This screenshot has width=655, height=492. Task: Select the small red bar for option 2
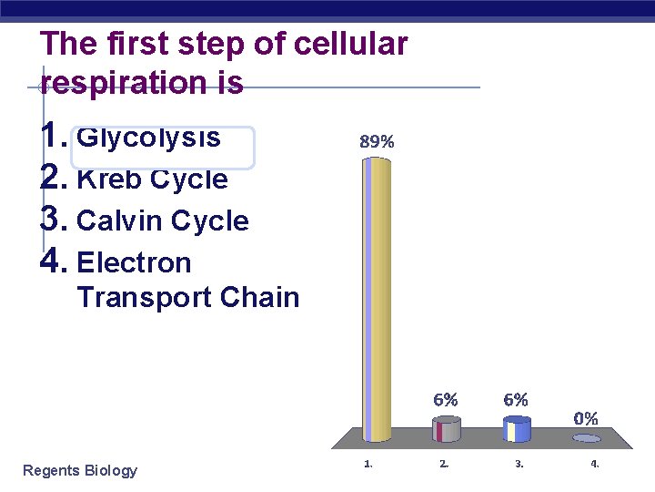(x=446, y=429)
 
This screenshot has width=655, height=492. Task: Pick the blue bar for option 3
(x=517, y=429)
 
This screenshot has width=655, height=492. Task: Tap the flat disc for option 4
(x=587, y=438)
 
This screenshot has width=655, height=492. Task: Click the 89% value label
(x=377, y=141)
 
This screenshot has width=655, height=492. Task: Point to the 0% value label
(x=586, y=418)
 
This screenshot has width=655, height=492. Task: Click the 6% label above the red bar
(x=445, y=399)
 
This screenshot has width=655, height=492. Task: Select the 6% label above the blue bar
(x=516, y=399)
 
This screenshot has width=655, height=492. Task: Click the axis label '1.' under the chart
(x=368, y=464)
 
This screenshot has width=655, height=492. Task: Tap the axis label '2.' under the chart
(x=443, y=464)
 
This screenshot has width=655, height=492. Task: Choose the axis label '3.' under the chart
(x=519, y=464)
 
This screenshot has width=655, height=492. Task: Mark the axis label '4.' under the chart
(x=594, y=464)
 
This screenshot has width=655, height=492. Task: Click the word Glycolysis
(x=149, y=138)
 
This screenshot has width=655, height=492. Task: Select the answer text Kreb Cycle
(x=153, y=179)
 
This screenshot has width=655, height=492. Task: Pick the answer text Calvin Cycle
(x=163, y=221)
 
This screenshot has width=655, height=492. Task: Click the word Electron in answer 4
(x=135, y=263)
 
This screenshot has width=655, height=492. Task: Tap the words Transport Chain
(x=188, y=297)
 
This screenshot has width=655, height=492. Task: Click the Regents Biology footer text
(x=80, y=470)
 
